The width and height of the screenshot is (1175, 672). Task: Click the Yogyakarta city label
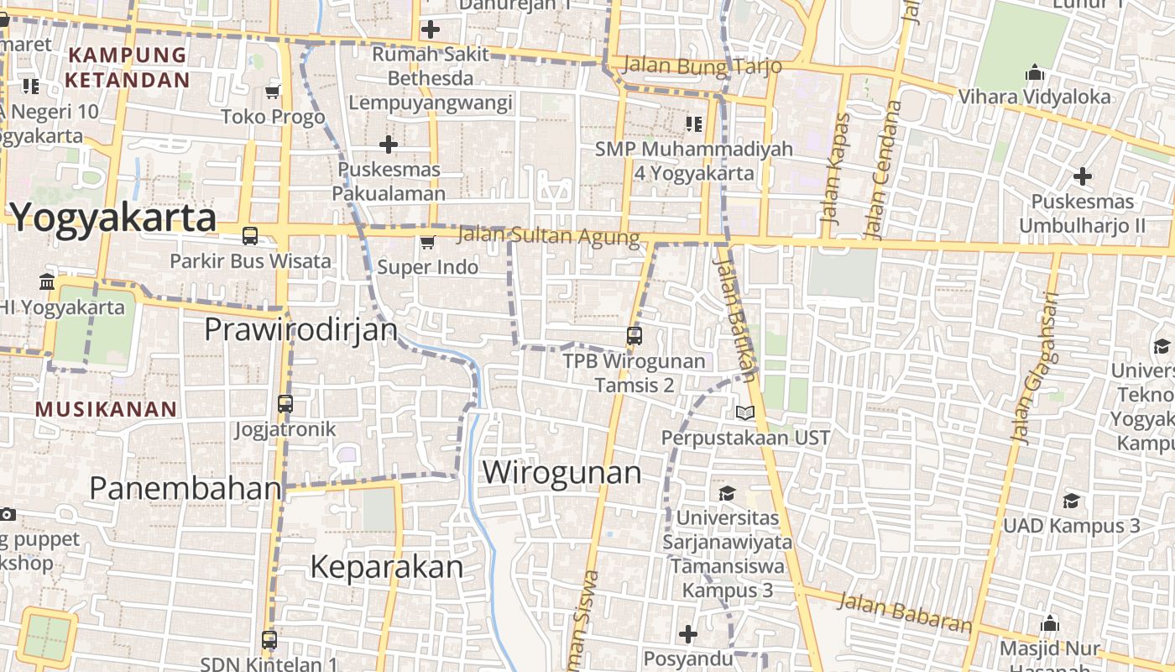pos(113,218)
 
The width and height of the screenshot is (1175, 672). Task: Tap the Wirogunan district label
pos(561,472)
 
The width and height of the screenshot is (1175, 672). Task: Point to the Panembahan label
pos(185,488)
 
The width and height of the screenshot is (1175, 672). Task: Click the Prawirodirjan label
pos(300,329)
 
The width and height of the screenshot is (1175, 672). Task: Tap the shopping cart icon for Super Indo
pos(427,243)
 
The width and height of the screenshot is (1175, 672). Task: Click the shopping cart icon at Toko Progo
pos(272,92)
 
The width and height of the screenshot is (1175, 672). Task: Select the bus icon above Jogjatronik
pos(285,404)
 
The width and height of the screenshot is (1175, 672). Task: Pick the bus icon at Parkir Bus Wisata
pos(250,236)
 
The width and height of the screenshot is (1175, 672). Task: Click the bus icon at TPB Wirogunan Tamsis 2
pos(634,336)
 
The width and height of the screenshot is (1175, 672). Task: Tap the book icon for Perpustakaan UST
pos(745,412)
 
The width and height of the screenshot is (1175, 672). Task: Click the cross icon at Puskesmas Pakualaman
pos(389,144)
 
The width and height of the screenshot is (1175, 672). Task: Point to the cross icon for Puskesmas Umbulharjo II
pos(1083,176)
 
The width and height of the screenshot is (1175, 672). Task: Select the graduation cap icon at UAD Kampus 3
pos(1071,501)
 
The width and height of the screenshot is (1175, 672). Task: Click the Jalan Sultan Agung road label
pos(548,236)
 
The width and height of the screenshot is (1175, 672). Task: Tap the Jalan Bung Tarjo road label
pos(703,66)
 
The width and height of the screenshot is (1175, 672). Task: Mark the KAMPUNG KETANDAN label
pos(128,68)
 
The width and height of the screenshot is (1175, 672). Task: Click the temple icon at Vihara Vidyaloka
pos(1035,72)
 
